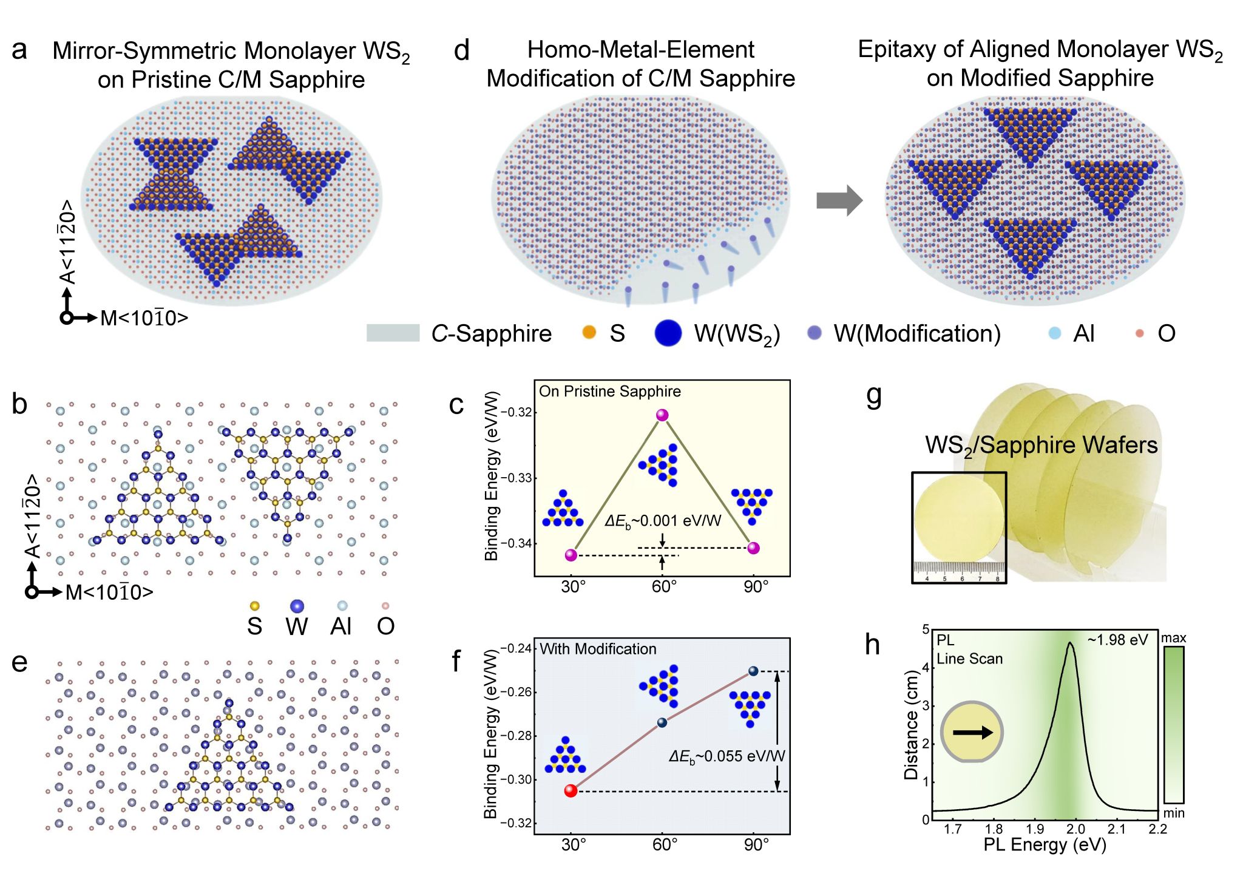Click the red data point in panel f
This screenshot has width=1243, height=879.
571,790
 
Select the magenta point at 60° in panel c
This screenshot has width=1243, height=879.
662,415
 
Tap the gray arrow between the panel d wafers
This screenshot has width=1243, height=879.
839,200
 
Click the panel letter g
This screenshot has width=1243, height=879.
874,396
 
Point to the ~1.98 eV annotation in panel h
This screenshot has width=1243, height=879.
1117,640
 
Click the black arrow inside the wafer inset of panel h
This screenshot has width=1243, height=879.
973,733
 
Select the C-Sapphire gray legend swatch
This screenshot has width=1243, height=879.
393,333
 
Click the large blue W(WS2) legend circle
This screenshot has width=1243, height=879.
668,333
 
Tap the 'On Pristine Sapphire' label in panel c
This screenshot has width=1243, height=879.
609,392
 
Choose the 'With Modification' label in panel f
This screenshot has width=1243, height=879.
598,649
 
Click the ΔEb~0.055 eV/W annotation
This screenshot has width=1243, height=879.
726,756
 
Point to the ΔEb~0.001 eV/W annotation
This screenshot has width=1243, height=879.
663,521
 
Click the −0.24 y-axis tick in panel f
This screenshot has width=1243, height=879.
516,648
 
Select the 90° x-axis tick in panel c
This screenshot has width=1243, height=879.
756,587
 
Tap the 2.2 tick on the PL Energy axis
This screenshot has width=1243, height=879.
1157,829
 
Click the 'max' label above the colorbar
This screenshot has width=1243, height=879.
1173,638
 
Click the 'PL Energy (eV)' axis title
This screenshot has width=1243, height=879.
1045,844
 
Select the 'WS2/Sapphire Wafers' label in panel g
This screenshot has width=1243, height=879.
1041,446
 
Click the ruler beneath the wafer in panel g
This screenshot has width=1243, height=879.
959,571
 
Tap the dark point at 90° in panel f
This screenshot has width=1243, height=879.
753,671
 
